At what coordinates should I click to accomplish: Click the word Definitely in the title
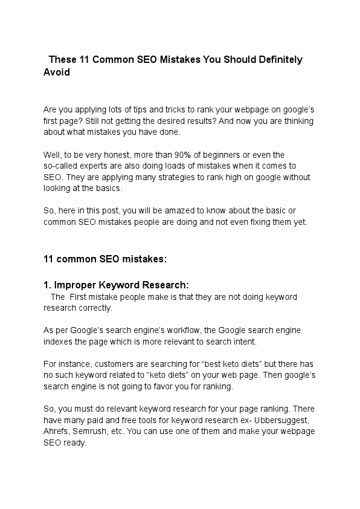point(275,60)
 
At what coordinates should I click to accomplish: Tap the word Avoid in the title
point(57,72)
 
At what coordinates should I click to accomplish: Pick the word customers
point(101,364)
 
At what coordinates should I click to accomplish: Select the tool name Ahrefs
point(56,431)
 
